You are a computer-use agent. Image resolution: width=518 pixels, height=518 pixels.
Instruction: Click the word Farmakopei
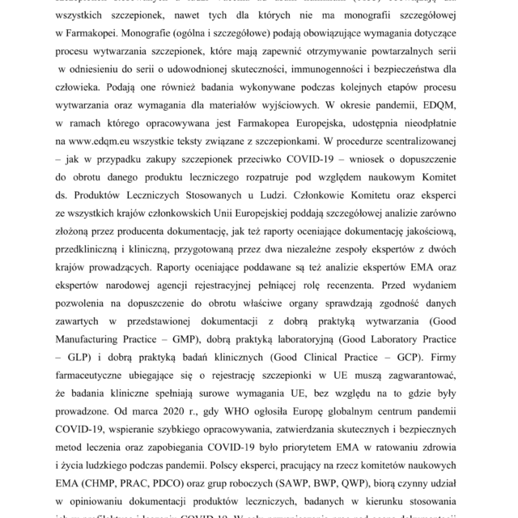click(104, 32)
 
